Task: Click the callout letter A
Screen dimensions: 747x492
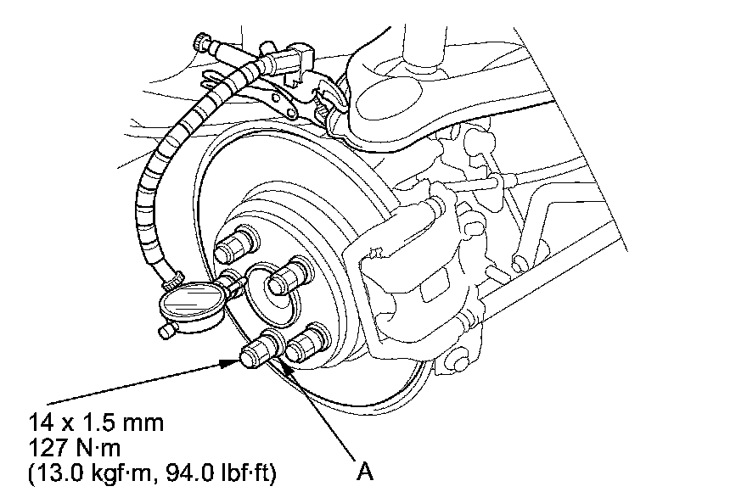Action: (365, 470)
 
